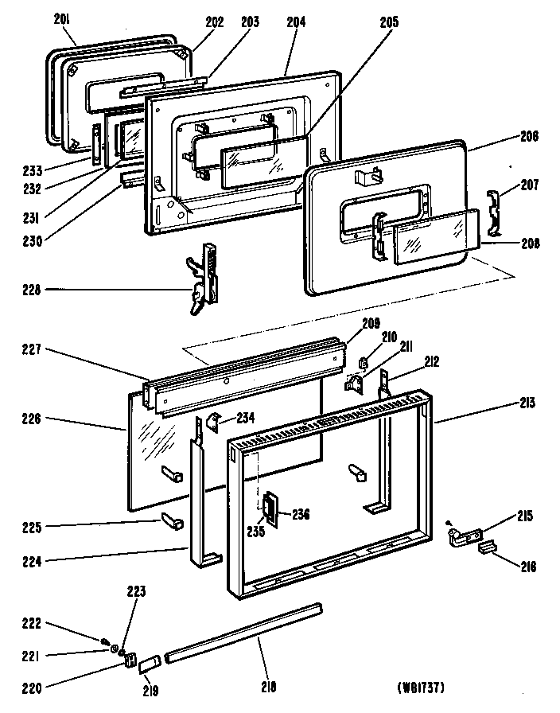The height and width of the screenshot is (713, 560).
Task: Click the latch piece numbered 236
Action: coord(271,509)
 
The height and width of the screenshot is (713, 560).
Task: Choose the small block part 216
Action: coord(487,548)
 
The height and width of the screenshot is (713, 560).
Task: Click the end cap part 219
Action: coord(150,661)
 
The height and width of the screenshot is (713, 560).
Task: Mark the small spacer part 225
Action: coord(173,522)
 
